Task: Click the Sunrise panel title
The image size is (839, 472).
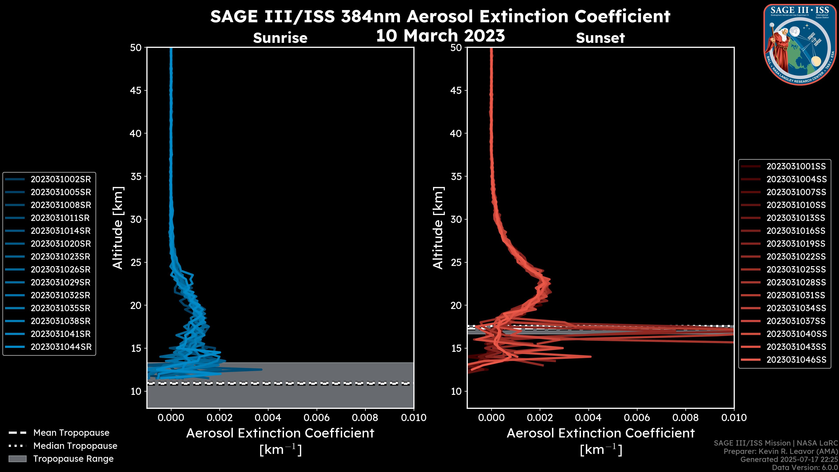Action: (x=280, y=38)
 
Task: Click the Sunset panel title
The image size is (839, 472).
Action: (x=600, y=38)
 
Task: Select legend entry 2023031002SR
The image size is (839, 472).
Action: (x=61, y=179)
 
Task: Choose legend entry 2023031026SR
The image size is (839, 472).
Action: (x=61, y=269)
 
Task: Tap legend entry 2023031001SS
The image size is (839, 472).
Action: (x=796, y=167)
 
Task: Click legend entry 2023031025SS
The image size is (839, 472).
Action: (x=796, y=269)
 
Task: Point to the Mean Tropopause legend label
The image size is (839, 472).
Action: (x=71, y=433)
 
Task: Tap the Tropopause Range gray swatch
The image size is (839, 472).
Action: (x=17, y=459)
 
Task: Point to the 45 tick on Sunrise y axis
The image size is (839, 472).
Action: (x=135, y=90)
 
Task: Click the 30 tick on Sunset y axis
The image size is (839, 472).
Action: (x=456, y=219)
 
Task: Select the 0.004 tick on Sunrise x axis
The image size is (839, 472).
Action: (x=268, y=418)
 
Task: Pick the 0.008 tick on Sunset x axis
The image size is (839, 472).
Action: (x=686, y=418)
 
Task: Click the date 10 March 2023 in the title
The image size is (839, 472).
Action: (x=440, y=35)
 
